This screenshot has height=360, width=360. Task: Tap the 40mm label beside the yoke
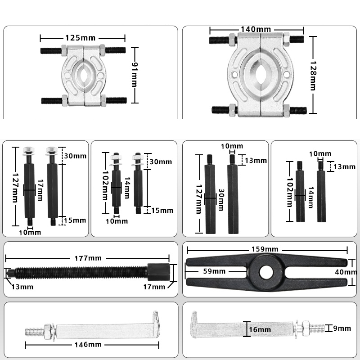point(348,272)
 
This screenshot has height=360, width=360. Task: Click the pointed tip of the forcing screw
point(8,273)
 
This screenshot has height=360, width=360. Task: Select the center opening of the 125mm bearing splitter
point(85,75)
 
